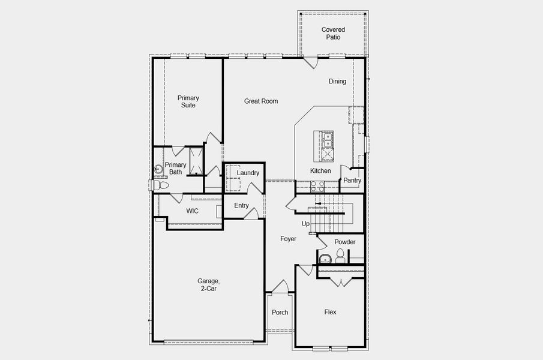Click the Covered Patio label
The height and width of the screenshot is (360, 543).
[x=333, y=33]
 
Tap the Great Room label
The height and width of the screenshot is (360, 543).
[x=261, y=101]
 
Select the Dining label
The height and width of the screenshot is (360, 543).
[x=337, y=82]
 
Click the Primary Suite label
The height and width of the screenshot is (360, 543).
[x=188, y=101]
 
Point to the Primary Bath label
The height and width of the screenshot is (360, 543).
[x=175, y=169]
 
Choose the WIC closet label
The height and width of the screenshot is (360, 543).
[x=192, y=211]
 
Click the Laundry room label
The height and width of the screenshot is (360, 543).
[x=248, y=173]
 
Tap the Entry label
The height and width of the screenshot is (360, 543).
[x=241, y=206]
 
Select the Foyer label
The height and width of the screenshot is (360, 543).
[x=288, y=239]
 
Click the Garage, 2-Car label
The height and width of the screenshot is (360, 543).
[x=208, y=285]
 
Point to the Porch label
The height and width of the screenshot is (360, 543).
[x=280, y=313]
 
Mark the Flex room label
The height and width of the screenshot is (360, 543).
[x=330, y=313]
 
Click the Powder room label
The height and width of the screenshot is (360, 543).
[x=345, y=242]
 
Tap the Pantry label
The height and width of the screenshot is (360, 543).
[x=352, y=181]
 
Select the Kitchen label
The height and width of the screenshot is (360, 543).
[x=320, y=171]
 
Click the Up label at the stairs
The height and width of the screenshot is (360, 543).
[x=305, y=224]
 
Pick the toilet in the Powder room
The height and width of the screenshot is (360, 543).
[x=340, y=257]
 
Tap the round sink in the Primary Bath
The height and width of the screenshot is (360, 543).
[x=159, y=169]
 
